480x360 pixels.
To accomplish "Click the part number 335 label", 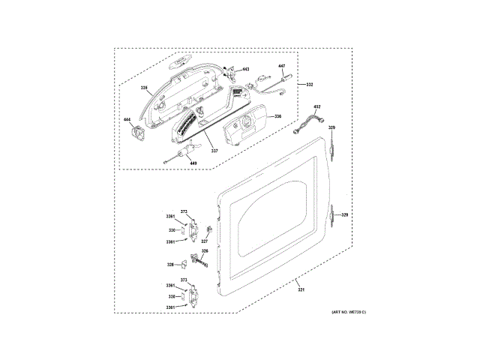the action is [144, 88].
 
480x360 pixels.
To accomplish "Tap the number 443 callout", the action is [245, 70].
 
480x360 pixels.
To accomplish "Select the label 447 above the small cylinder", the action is [283, 66].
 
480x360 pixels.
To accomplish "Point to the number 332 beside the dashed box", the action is [308, 85].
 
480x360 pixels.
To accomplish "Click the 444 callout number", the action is [127, 120].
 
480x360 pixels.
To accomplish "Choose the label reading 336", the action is [277, 115].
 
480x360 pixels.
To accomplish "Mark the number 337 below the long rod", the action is [214, 150].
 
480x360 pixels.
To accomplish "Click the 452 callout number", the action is [317, 107].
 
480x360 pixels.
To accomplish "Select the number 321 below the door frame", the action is [301, 290].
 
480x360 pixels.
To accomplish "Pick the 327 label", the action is [204, 241].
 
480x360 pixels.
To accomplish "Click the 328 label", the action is [170, 265].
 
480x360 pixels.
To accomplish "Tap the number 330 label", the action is [171, 230].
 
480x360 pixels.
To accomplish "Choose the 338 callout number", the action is [171, 297].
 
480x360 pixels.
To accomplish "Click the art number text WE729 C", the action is [348, 311].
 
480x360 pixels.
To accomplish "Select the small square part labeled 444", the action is [137, 133].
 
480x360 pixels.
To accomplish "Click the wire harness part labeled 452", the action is [310, 122].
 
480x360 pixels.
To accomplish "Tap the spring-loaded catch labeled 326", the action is [203, 261].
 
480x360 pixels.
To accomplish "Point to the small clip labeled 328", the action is [182, 264].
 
